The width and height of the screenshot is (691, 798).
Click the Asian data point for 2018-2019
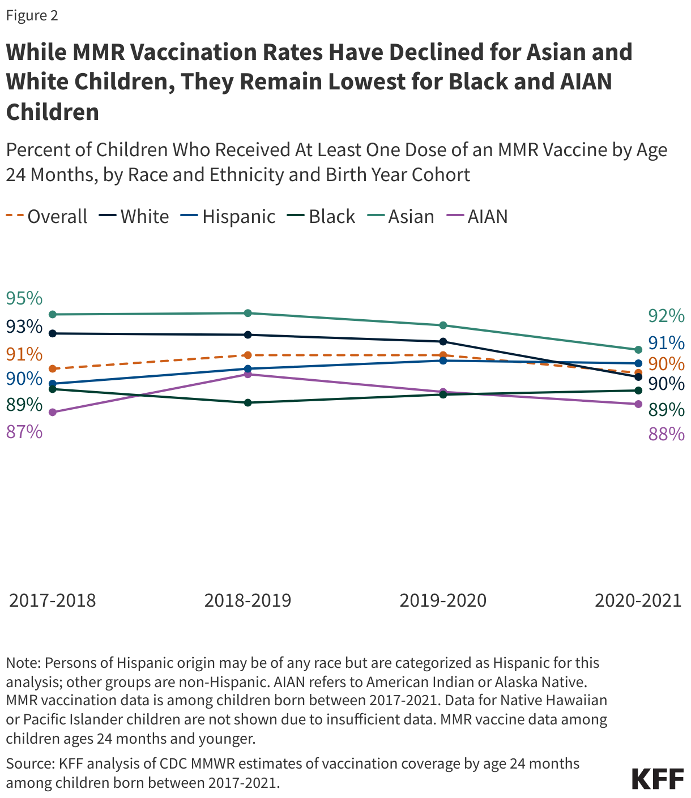(248, 313)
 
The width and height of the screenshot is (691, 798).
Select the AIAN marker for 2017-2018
(52, 413)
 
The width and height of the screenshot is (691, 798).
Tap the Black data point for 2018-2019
(248, 402)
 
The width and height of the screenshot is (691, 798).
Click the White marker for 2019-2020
(443, 341)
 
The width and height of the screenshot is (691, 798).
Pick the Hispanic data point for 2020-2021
(638, 363)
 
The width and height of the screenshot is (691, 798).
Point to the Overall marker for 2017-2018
(52, 368)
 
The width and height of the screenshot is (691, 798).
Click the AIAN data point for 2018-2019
(248, 374)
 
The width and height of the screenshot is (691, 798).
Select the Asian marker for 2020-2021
(638, 350)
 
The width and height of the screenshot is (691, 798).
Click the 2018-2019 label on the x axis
(248, 600)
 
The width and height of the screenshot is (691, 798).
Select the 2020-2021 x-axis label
(638, 600)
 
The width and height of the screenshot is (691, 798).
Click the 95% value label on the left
(24, 298)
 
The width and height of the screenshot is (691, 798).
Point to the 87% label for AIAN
(24, 432)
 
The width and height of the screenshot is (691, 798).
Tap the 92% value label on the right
(666, 316)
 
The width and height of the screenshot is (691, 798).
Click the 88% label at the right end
(666, 434)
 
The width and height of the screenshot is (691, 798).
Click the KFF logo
(658, 779)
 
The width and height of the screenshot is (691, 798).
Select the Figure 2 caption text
(32, 15)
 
